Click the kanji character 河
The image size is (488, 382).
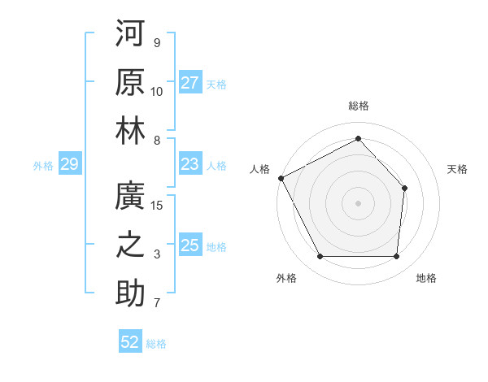[x=130, y=35]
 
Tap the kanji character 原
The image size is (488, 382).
[x=130, y=82]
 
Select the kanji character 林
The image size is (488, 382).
[x=130, y=130]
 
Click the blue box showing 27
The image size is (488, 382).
[x=190, y=83]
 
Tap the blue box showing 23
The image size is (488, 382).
[x=190, y=164]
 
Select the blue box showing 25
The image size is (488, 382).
[x=190, y=245]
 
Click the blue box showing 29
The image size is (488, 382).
[x=69, y=165]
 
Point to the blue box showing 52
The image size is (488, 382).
[x=130, y=342]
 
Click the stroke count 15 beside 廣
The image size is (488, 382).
[x=157, y=206]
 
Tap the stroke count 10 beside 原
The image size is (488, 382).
[x=157, y=91]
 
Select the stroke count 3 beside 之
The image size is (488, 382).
[x=157, y=254]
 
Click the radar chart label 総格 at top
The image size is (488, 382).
[x=358, y=106]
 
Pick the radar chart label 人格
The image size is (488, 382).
[x=260, y=169]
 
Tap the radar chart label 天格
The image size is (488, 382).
[x=457, y=169]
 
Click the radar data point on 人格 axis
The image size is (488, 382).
[x=281, y=177]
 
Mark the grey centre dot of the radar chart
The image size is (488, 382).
[x=358, y=202]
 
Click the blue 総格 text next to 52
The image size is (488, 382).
[x=156, y=344]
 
